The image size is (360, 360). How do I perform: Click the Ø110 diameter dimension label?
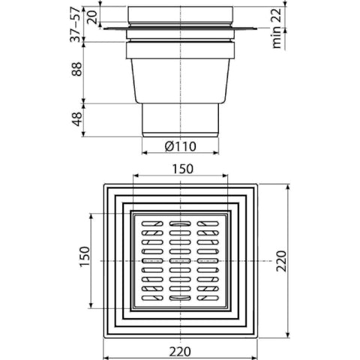[x=181, y=146]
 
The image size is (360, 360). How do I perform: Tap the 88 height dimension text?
[x=76, y=69]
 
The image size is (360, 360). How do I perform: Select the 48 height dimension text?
[x=76, y=119]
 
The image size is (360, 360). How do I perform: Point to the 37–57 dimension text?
[x=75, y=25]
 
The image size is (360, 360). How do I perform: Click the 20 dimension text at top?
[x=91, y=17]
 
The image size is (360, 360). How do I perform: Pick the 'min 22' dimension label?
[x=277, y=28]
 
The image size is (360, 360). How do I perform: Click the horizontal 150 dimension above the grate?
[x=183, y=169]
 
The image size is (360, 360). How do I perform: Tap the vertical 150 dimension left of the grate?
[x=85, y=256]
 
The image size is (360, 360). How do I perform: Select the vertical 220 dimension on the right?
[x=281, y=261]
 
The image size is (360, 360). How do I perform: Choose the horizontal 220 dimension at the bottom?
[x=180, y=352]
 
